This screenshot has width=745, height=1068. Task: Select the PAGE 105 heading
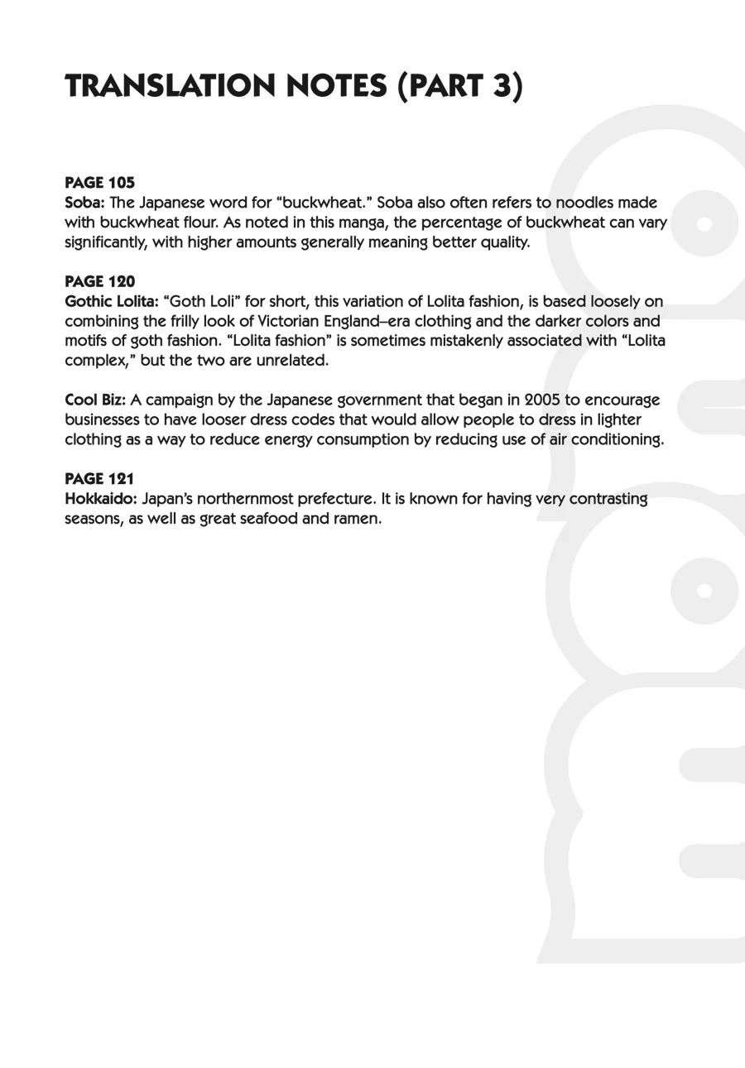(99, 182)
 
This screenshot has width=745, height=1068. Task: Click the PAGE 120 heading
(99, 281)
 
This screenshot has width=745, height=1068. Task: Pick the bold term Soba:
(84, 203)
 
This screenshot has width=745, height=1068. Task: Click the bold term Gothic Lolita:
(111, 302)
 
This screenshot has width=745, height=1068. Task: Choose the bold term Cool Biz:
(95, 400)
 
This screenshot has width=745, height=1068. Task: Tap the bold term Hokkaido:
(101, 500)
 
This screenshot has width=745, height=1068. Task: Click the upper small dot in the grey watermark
(704, 223)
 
